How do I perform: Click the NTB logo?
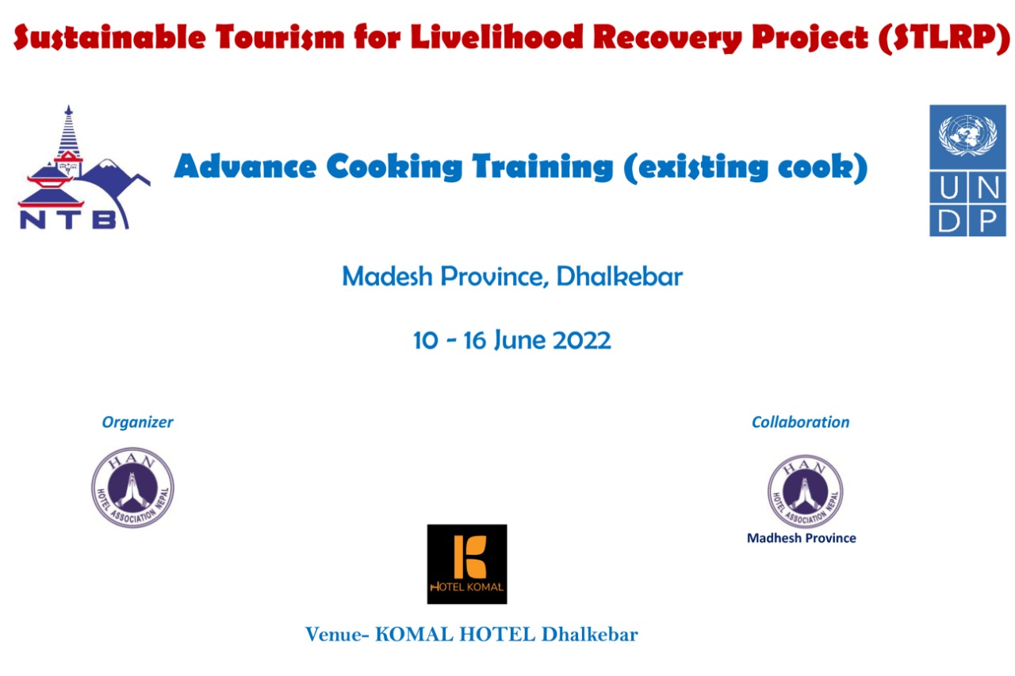[x=84, y=167]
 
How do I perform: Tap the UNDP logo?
[x=967, y=170]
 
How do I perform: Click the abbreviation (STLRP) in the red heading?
[x=944, y=37]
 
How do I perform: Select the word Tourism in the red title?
[x=280, y=36]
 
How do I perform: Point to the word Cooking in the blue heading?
[x=394, y=166]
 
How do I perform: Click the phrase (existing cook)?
[x=745, y=167]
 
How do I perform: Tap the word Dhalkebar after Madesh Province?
[x=619, y=276]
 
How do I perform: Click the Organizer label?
[x=137, y=422]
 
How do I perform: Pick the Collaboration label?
[x=800, y=422]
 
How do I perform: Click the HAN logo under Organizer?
[x=132, y=487]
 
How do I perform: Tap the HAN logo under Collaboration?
[x=805, y=491]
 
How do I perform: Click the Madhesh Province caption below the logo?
[x=801, y=538]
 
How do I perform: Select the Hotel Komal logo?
[x=467, y=563]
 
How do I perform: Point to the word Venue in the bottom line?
[x=335, y=634]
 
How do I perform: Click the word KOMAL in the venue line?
[x=414, y=634]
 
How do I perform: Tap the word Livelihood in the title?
[x=497, y=36]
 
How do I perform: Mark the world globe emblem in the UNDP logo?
[x=967, y=135]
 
